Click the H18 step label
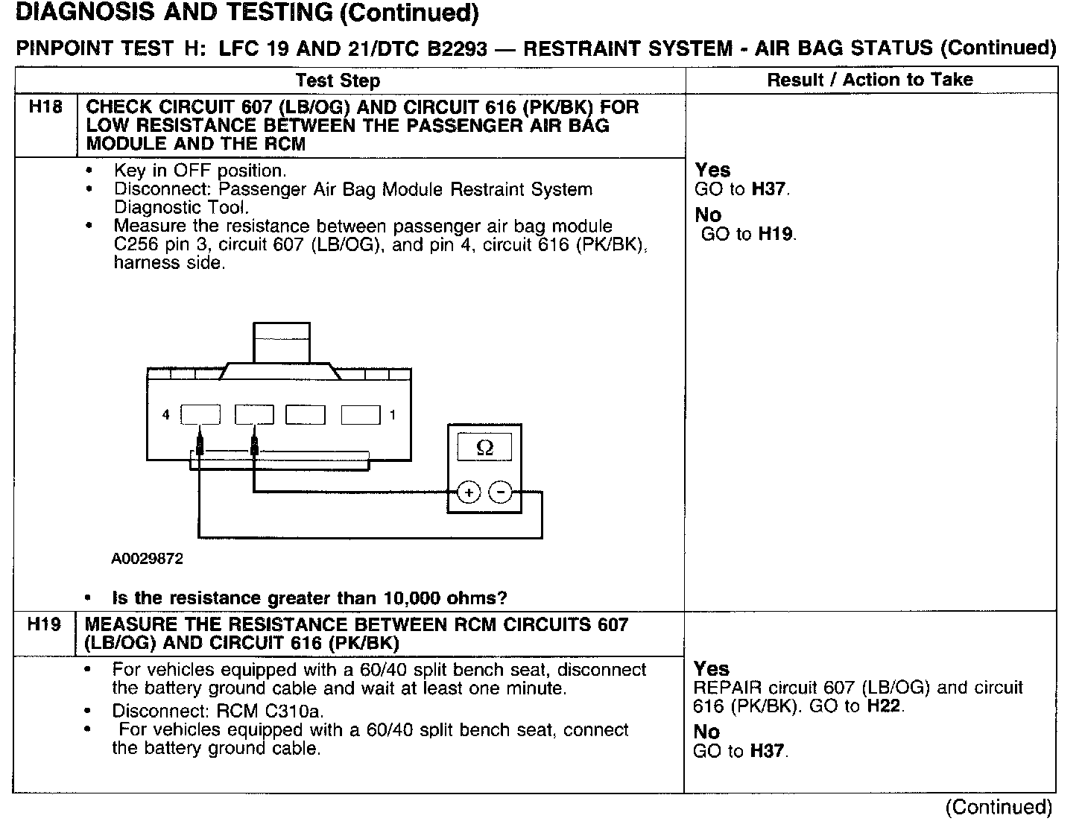45,107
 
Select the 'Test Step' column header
338,80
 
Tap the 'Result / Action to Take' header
870,80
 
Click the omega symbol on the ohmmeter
484,448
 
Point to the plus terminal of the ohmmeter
469,492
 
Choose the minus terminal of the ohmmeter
500,492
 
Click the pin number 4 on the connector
165,415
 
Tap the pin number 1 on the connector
393,415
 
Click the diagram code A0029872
147,558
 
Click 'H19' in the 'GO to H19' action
776,234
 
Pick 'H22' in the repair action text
885,706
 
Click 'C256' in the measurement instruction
137,244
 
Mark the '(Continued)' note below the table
999,807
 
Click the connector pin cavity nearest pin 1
361,415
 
